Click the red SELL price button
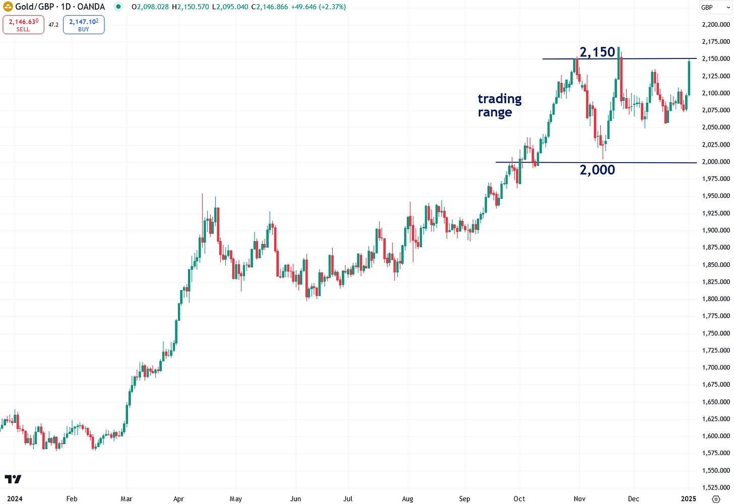point(23,25)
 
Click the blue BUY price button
point(84,25)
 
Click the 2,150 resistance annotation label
point(597,52)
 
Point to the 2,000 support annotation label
point(597,170)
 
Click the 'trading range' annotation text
point(500,105)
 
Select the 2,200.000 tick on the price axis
point(716,25)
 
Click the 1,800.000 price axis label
point(716,299)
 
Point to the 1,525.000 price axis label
point(716,487)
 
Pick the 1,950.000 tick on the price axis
point(716,196)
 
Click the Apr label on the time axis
point(178,499)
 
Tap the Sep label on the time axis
point(464,499)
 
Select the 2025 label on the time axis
point(688,499)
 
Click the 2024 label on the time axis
point(15,499)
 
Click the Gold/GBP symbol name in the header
point(34,7)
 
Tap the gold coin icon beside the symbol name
point(8,7)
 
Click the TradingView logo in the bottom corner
point(13,479)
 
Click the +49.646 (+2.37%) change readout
point(319,7)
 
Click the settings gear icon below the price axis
point(716,499)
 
